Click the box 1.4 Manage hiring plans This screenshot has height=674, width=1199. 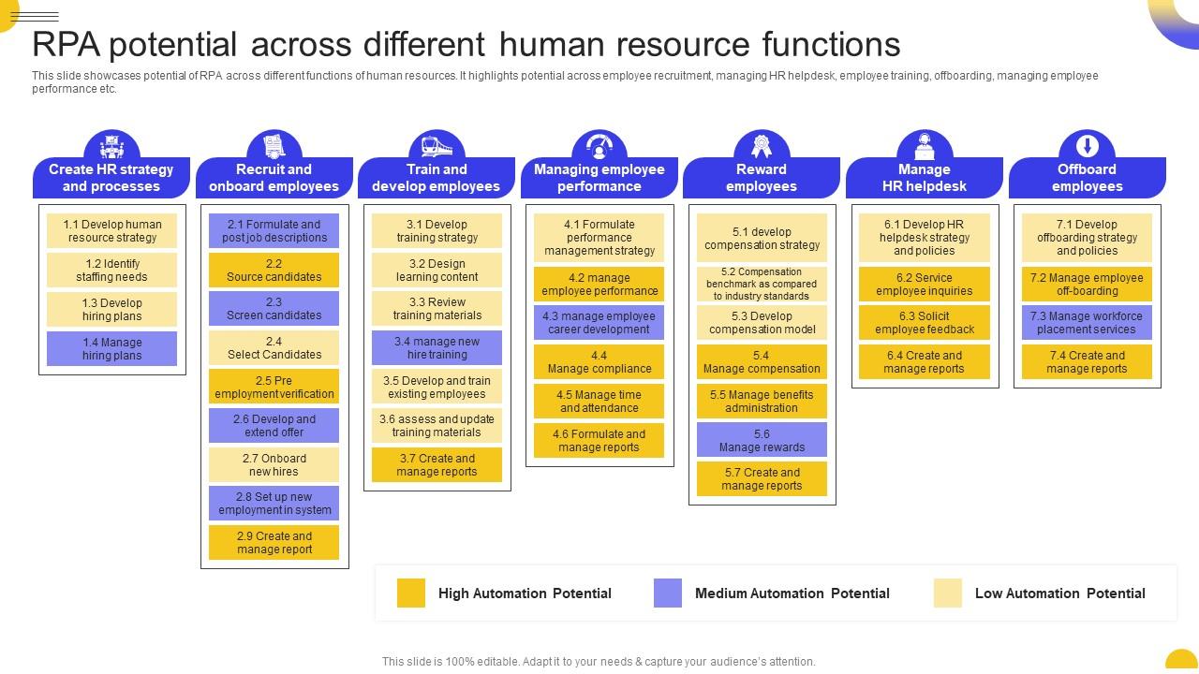pos(111,349)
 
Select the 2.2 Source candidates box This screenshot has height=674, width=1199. pos(274,271)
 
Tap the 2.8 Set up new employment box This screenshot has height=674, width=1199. pos(274,504)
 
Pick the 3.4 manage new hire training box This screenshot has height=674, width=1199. pos(437,348)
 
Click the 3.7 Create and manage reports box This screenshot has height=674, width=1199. pos(437,465)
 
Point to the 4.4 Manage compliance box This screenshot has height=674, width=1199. pos(599,362)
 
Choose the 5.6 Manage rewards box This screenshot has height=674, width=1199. pos(762,440)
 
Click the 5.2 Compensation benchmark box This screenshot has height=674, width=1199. pos(762,284)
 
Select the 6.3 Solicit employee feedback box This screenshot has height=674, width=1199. pos(925,323)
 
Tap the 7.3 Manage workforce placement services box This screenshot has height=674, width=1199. pos(1087,323)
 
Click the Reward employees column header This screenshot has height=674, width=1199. pos(762,178)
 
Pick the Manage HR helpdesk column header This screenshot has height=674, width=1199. pos(925,178)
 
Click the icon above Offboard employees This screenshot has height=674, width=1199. pos(1087,146)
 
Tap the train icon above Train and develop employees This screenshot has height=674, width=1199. pos(437,146)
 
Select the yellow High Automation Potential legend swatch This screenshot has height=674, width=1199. pos(411,593)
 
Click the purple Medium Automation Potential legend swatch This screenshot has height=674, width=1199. pos(668,593)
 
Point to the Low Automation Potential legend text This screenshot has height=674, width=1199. pos(1059,593)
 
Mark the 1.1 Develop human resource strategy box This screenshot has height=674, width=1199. pos(111,231)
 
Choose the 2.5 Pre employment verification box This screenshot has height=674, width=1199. pos(274,388)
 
